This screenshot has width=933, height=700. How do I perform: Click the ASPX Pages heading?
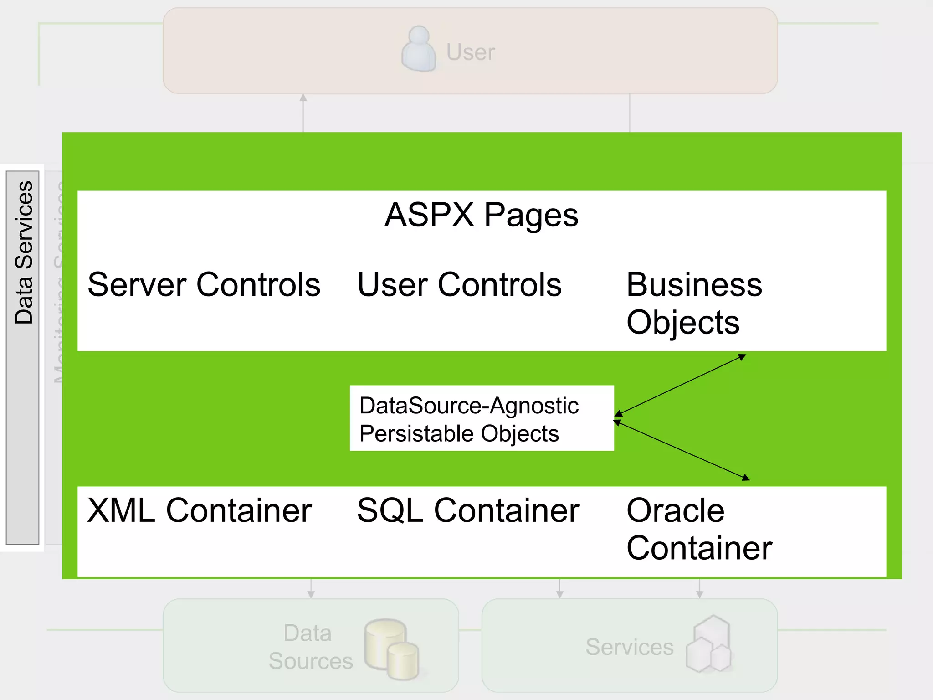(x=481, y=215)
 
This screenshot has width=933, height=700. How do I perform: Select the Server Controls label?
(x=204, y=285)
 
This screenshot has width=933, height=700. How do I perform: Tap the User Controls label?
(x=459, y=285)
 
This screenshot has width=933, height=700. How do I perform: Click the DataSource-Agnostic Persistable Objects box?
(x=481, y=418)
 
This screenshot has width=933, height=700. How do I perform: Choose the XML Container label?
(x=199, y=510)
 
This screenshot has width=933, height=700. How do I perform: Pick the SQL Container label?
(x=468, y=510)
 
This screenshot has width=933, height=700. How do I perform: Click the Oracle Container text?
(x=698, y=529)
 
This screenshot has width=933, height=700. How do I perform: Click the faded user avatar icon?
(x=419, y=49)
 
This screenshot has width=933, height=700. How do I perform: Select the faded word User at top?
(x=470, y=52)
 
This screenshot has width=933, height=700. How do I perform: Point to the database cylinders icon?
(x=391, y=649)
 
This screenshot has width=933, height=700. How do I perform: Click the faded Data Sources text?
(x=310, y=647)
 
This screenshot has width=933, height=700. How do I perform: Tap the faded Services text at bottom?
(x=629, y=647)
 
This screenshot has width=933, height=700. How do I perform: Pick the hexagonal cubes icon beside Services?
(x=709, y=644)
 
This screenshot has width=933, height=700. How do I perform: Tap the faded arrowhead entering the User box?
(x=303, y=98)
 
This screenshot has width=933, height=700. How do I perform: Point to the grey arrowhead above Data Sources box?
(x=311, y=594)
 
